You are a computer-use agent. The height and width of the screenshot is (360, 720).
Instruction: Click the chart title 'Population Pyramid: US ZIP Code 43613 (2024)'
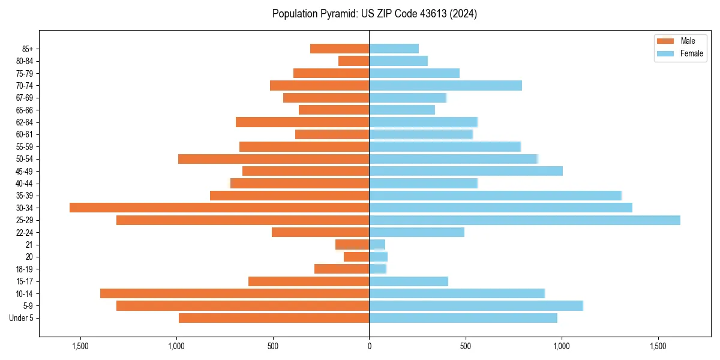(x=374, y=14)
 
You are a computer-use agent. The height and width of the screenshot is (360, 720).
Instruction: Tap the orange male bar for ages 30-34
(x=219, y=208)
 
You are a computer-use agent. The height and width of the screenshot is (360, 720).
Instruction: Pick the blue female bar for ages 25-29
(x=524, y=220)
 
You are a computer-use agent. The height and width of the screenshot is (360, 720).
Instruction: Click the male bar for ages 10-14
(x=235, y=293)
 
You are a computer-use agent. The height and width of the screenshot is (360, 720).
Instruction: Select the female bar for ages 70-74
(x=445, y=85)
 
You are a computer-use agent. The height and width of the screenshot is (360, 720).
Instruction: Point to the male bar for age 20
(x=356, y=257)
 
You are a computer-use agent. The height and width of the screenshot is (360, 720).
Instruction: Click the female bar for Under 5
(x=463, y=318)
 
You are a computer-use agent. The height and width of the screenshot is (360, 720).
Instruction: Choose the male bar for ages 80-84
(x=354, y=61)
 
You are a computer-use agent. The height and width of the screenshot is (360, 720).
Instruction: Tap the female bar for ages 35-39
(x=495, y=196)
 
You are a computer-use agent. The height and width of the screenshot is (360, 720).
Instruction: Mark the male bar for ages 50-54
(x=274, y=159)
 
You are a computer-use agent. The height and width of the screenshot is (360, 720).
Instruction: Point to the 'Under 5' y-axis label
(x=22, y=318)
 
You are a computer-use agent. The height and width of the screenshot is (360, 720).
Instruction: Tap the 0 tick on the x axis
(x=369, y=346)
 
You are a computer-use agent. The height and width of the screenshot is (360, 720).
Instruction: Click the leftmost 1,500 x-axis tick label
(x=80, y=346)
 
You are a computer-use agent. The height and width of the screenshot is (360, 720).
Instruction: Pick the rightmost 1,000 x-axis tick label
(x=562, y=346)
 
